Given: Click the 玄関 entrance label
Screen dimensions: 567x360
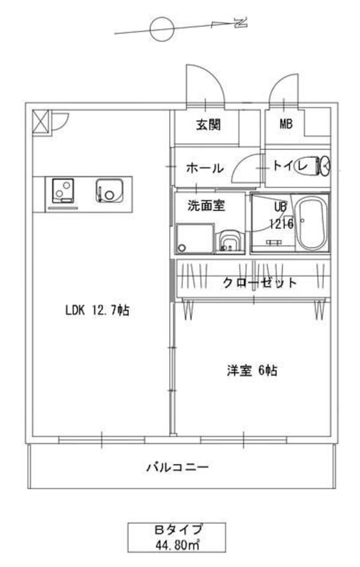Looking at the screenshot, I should [208, 125].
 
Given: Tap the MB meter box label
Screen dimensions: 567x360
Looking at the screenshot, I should [285, 125].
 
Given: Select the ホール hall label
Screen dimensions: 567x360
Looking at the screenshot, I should [205, 169].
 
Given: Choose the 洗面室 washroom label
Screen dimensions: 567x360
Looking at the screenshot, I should [206, 206].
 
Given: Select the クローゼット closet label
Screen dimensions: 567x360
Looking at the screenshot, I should [260, 283].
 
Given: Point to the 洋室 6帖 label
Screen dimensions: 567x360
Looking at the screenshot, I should [251, 371].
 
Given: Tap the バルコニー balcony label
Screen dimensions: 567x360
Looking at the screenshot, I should [178, 466].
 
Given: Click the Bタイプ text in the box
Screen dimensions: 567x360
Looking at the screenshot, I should [177, 530].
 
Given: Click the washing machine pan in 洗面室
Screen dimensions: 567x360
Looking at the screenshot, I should [195, 239].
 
